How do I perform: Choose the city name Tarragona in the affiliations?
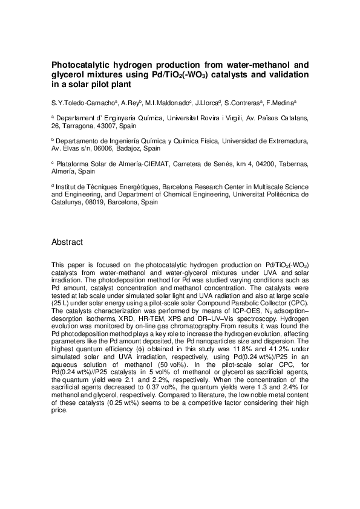79,126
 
